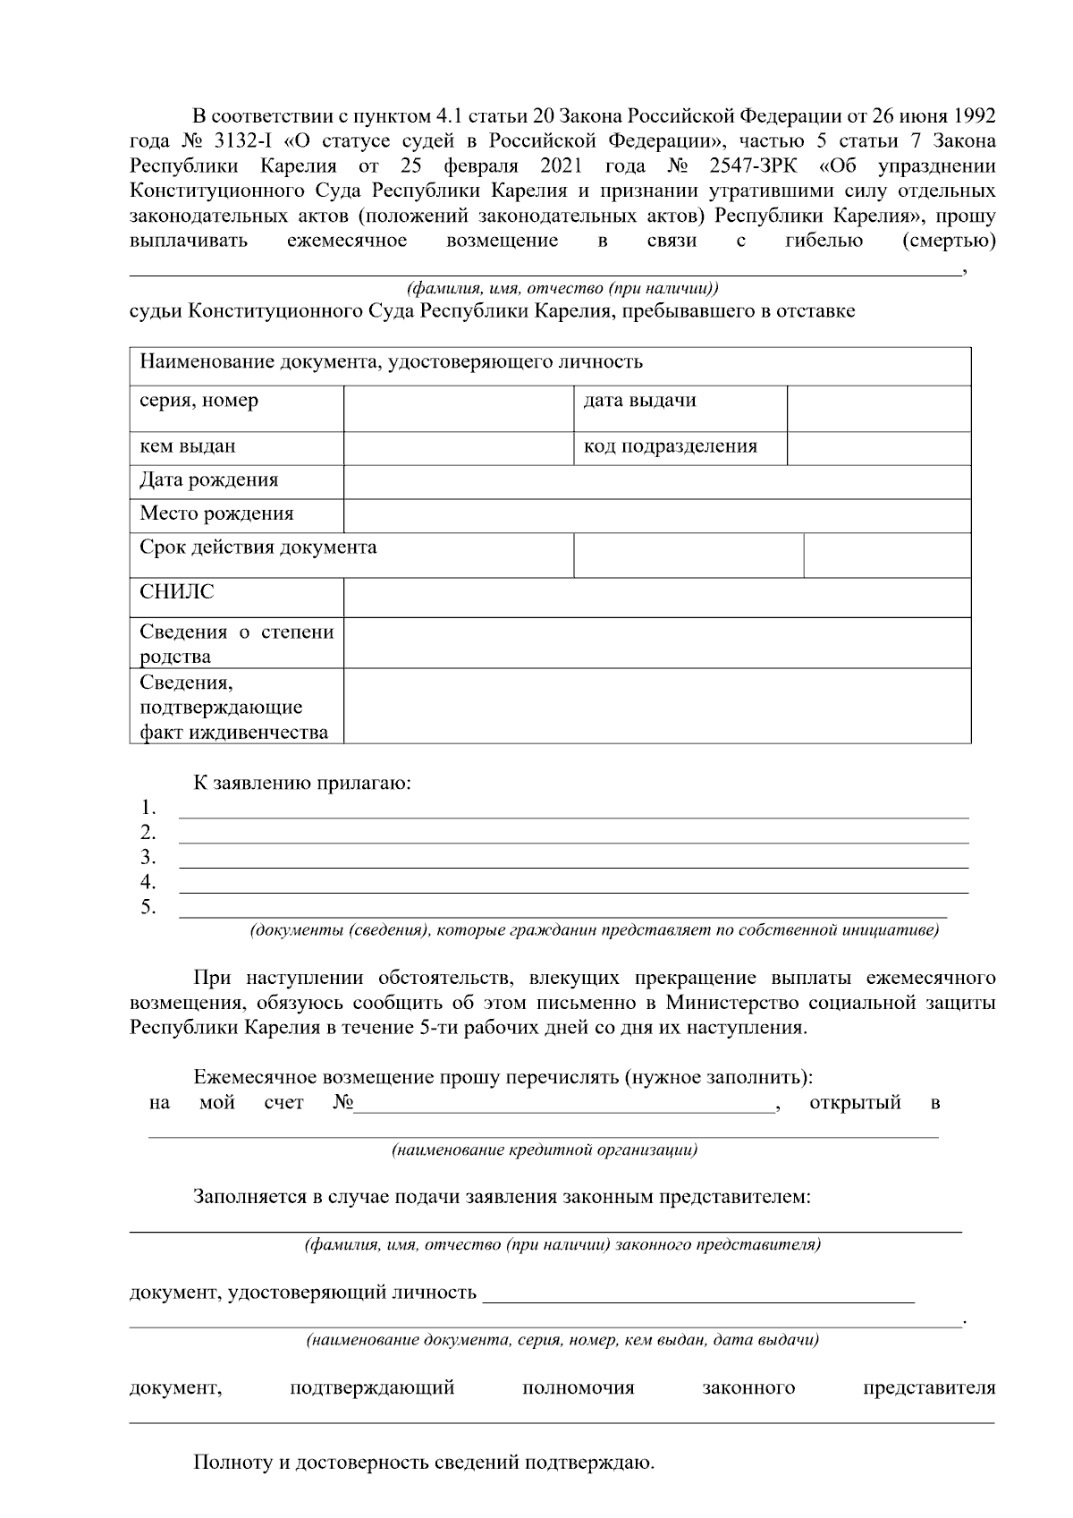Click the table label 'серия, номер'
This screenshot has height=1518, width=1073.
tap(199, 401)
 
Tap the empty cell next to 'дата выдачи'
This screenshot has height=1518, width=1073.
tap(878, 409)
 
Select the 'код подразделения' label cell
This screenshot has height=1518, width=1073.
tap(670, 446)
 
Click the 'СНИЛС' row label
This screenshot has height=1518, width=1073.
tap(177, 592)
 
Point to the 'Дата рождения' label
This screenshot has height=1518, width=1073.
tap(209, 480)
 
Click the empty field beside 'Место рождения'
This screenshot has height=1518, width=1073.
tap(656, 516)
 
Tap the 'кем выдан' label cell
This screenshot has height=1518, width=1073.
tap(188, 446)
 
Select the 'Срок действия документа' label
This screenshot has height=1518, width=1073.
tap(258, 547)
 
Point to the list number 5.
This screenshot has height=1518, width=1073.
tap(148, 908)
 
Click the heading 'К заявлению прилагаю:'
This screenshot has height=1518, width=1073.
tap(302, 784)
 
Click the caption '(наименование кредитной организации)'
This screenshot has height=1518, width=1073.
tap(545, 1150)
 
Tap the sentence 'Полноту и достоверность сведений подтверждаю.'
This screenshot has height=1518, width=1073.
tap(424, 1464)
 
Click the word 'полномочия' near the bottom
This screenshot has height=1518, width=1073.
tap(578, 1388)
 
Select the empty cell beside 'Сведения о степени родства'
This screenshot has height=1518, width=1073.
tap(656, 643)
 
